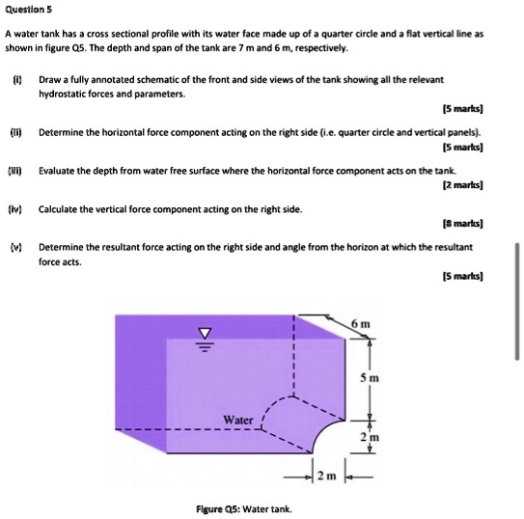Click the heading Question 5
(x=28, y=10)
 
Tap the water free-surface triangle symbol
(x=204, y=336)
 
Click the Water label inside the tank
(x=238, y=420)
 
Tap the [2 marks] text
(x=461, y=182)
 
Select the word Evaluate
(x=59, y=169)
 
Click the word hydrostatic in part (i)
(x=63, y=95)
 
